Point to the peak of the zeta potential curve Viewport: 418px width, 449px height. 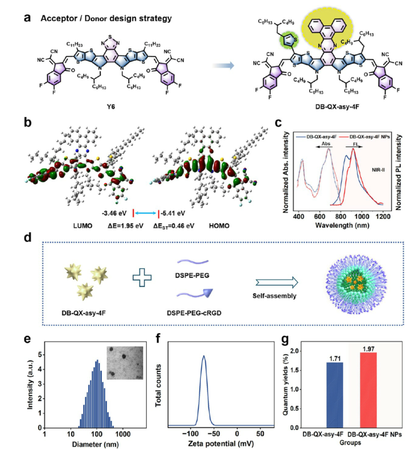point(204,356)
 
